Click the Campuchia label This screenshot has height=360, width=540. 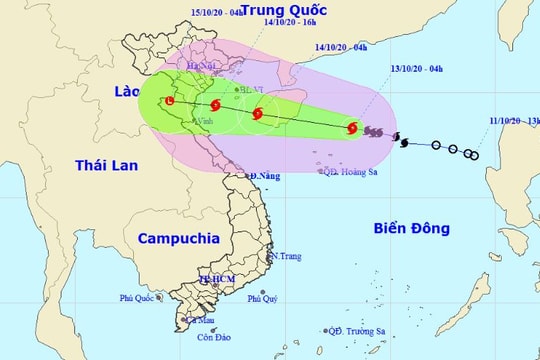pos(178,239)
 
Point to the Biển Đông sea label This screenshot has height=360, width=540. pos(412,227)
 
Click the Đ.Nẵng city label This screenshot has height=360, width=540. pos(265,177)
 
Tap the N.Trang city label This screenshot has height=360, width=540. pos(286,257)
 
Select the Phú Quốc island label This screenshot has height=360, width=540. pos(138,297)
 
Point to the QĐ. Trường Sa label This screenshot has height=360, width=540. pos(362,330)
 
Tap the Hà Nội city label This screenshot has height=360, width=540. pos(205,66)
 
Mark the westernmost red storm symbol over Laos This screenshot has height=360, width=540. pos(169,101)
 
